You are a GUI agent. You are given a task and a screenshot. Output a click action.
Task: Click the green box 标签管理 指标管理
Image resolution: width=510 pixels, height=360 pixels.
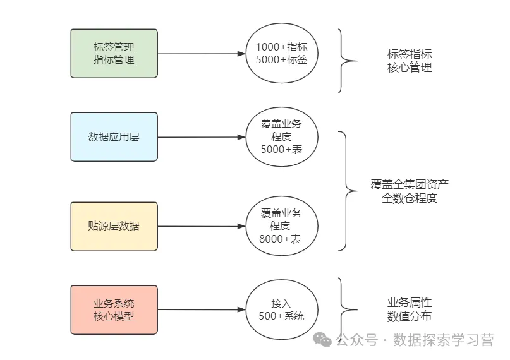pos(114,53)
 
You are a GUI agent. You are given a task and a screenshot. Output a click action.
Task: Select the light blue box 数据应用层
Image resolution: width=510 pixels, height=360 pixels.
pos(114,137)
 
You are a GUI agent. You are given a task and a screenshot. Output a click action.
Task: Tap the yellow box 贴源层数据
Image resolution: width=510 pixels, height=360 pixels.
pos(114,226)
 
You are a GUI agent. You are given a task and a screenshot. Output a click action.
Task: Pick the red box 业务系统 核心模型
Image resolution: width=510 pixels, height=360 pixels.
pos(114,309)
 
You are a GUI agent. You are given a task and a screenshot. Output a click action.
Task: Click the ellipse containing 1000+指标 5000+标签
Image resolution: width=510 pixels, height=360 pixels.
pos(281,53)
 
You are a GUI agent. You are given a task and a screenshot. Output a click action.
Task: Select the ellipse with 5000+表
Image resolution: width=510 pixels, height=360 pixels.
pos(281,137)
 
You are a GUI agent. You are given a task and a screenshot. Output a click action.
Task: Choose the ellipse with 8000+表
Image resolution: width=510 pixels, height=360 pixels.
pos(281,226)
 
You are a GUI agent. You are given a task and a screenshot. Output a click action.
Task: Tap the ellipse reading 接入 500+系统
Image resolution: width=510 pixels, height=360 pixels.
pos(281,309)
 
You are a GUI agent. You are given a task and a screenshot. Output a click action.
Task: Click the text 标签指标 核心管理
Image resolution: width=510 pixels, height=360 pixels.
pos(410,61)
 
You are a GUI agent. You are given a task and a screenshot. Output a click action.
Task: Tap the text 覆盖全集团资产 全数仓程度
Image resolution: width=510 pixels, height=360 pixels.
pos(410,191)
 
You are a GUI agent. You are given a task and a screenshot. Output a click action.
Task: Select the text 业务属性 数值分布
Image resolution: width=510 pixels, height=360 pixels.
pos(410,309)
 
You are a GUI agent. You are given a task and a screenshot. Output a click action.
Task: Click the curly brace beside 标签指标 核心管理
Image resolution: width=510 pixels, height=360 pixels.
pos(345,61)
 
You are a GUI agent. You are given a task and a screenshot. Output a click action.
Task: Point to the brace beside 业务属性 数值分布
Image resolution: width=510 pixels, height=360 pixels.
pos(345,309)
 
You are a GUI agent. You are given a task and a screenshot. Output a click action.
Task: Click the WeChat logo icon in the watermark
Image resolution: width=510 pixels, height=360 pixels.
pos(324,340)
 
